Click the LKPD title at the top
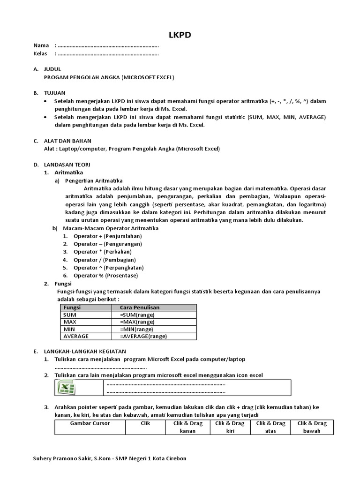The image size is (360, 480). (x=180, y=35)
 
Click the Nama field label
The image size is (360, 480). (x=41, y=45)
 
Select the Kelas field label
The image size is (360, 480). (x=41, y=53)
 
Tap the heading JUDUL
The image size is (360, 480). (x=52, y=69)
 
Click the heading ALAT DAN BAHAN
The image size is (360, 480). (x=67, y=141)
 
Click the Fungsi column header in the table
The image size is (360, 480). (x=73, y=307)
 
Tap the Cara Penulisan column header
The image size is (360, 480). (x=140, y=307)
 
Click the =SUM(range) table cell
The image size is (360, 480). (x=137, y=315)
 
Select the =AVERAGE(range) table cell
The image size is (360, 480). (x=143, y=336)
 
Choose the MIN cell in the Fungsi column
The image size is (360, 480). (x=69, y=329)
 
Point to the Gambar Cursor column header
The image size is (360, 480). (x=90, y=423)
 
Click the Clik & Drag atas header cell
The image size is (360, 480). (x=270, y=427)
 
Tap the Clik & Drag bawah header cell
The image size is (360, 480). (x=312, y=427)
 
